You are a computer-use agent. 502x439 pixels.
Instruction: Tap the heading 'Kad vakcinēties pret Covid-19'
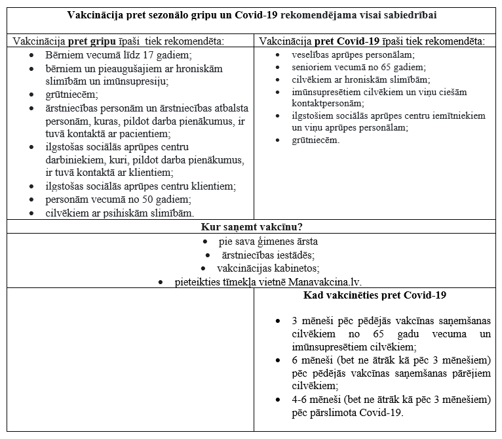pos(375,295)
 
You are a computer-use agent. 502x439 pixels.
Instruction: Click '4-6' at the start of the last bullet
pos(299,400)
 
